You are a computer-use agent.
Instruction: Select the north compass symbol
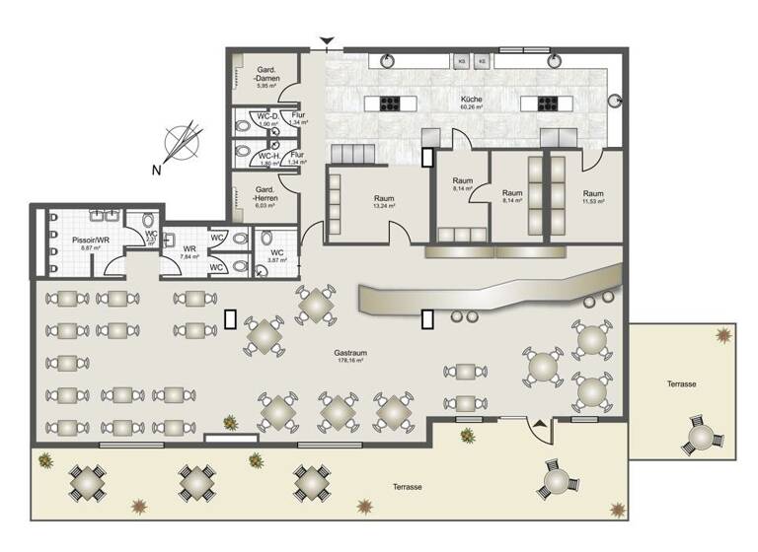pos(180,143)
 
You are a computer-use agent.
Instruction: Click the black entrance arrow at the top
pos(328,41)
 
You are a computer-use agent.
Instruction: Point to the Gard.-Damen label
pos(265,76)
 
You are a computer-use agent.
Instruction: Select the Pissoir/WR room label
pos(89,241)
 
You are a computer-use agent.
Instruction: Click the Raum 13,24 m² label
pos(384,201)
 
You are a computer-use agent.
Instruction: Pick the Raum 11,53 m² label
pos(592,196)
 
